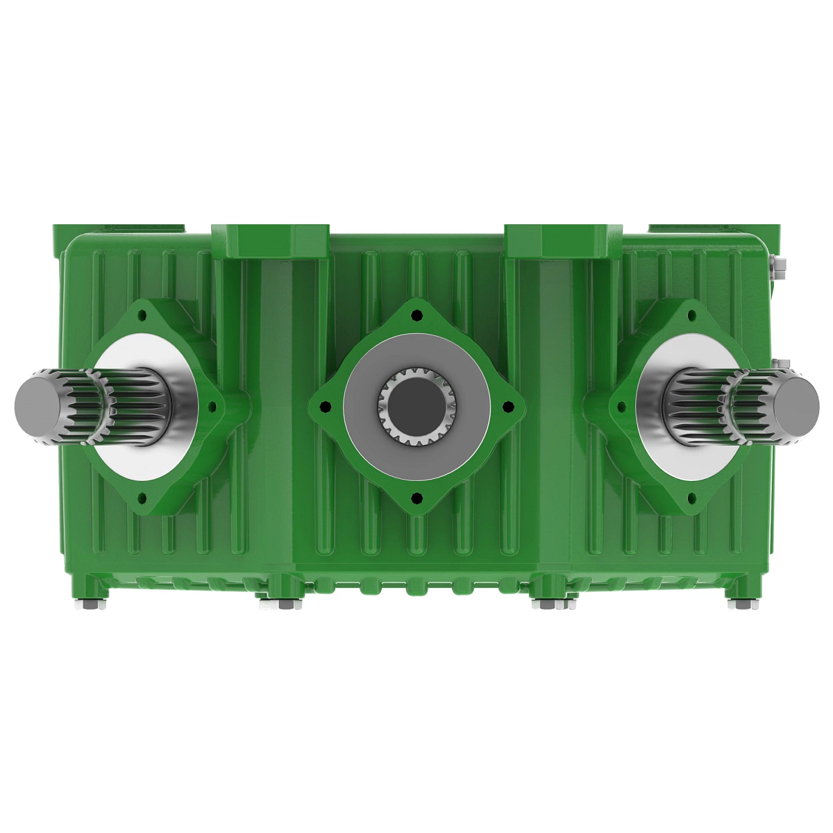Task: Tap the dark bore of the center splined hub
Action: pyautogui.click(x=416, y=405)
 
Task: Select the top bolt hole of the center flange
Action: pyautogui.click(x=416, y=316)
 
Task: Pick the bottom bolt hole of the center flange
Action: pyautogui.click(x=416, y=497)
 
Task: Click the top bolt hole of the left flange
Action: pyautogui.click(x=142, y=315)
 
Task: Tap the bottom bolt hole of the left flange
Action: pyautogui.click(x=142, y=498)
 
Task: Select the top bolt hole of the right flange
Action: pyautogui.click(x=691, y=315)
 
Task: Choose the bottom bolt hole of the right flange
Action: pyautogui.click(x=691, y=498)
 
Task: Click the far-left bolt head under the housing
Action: pyautogui.click(x=91, y=605)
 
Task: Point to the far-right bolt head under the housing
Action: pyautogui.click(x=742, y=605)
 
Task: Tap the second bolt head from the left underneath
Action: pyautogui.click(x=280, y=605)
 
